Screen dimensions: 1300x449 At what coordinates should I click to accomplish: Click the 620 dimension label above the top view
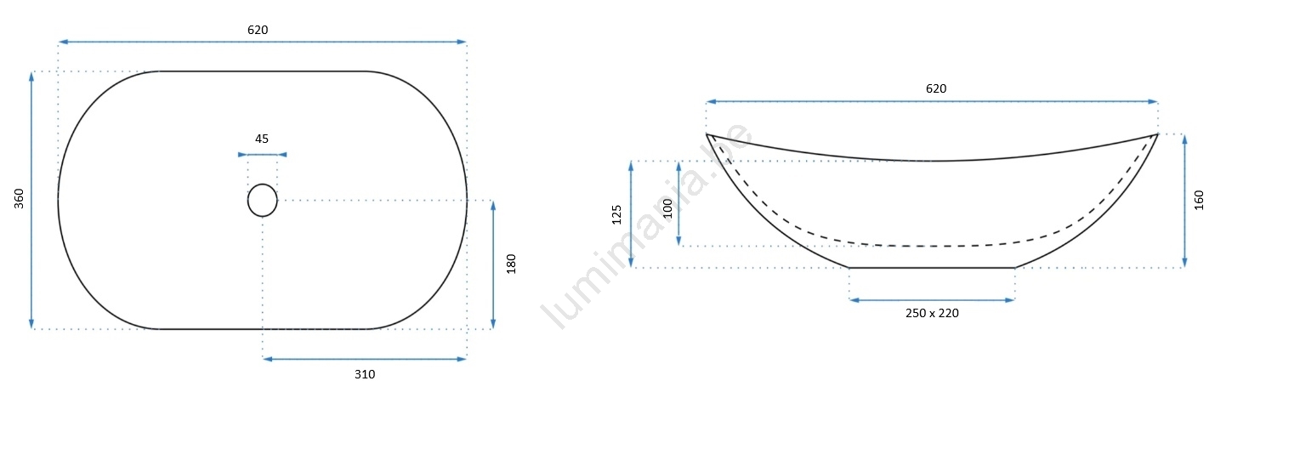(258, 30)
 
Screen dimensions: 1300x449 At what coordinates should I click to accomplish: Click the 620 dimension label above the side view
(935, 88)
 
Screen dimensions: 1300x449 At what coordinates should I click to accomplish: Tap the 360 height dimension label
(20, 198)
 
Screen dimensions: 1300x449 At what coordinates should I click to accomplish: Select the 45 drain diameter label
(262, 139)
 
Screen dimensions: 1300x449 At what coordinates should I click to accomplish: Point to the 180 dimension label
(511, 264)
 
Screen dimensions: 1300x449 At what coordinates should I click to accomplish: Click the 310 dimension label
(365, 375)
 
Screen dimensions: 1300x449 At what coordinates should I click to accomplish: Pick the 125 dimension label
(616, 214)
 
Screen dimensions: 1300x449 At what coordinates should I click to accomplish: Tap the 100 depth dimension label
(667, 208)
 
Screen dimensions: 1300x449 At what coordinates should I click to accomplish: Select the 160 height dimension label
(1199, 200)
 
